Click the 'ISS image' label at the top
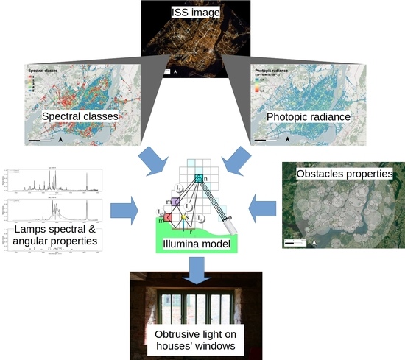coord(201,11)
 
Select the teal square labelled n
coord(198,177)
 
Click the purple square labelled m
coord(175,202)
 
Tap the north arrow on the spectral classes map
coord(60,138)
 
